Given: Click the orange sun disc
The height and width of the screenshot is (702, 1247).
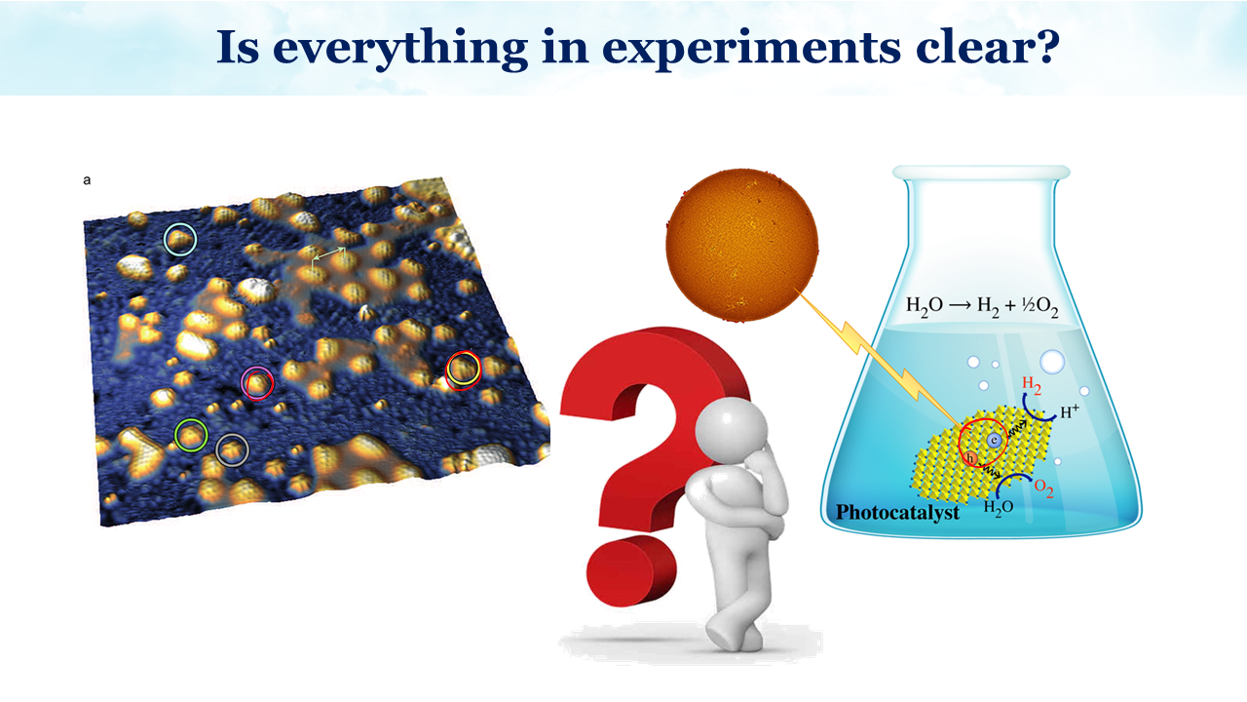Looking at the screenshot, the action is (742, 245).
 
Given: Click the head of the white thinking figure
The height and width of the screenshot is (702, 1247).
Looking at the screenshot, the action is (731, 430).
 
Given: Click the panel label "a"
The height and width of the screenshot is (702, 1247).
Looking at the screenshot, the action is (87, 180).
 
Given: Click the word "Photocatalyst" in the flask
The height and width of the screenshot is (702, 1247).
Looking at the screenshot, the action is (897, 513).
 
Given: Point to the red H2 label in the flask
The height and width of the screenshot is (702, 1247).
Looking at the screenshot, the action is (1032, 384).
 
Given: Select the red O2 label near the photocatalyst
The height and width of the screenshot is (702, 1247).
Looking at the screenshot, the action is (1043, 488).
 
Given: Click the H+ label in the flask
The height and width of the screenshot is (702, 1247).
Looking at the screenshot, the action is (1070, 411).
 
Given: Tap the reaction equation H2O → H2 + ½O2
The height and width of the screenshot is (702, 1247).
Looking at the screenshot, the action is (982, 307).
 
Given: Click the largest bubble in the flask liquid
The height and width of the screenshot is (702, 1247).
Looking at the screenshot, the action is (1052, 362).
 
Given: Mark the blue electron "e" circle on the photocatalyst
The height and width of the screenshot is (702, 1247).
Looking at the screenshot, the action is (995, 440).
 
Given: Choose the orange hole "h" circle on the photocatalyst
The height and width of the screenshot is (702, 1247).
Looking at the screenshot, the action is (970, 458).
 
